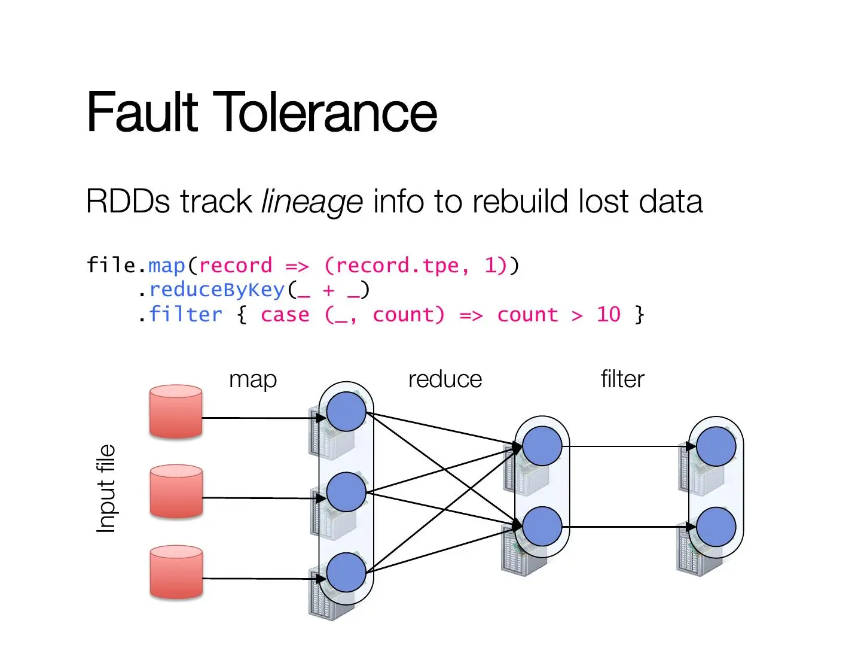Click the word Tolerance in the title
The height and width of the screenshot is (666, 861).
pos(325,111)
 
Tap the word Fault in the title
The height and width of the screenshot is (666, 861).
pos(142,111)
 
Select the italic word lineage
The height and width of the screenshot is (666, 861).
pos(312,202)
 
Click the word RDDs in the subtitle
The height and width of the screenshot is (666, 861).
pos(127,202)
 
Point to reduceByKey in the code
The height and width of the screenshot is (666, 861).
pos(217,290)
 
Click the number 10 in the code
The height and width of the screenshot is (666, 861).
pos(608,315)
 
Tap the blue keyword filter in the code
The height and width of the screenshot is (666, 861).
pos(185,315)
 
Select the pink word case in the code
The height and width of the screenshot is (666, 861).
pos(285,315)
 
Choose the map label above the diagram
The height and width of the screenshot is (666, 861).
pos(253,380)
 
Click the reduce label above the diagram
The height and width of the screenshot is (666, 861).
pos(445,379)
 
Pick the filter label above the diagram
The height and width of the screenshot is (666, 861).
pos(622,379)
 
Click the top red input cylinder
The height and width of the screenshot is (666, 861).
pos(176,412)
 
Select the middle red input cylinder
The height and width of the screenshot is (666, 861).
pos(176,492)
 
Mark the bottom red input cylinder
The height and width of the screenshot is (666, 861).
pos(176,573)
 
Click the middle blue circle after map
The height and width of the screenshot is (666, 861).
pos(346,492)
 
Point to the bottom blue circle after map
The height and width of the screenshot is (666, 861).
pos(346,573)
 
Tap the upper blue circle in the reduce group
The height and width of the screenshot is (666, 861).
pos(542,446)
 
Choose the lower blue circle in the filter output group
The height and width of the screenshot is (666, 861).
pos(716,527)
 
